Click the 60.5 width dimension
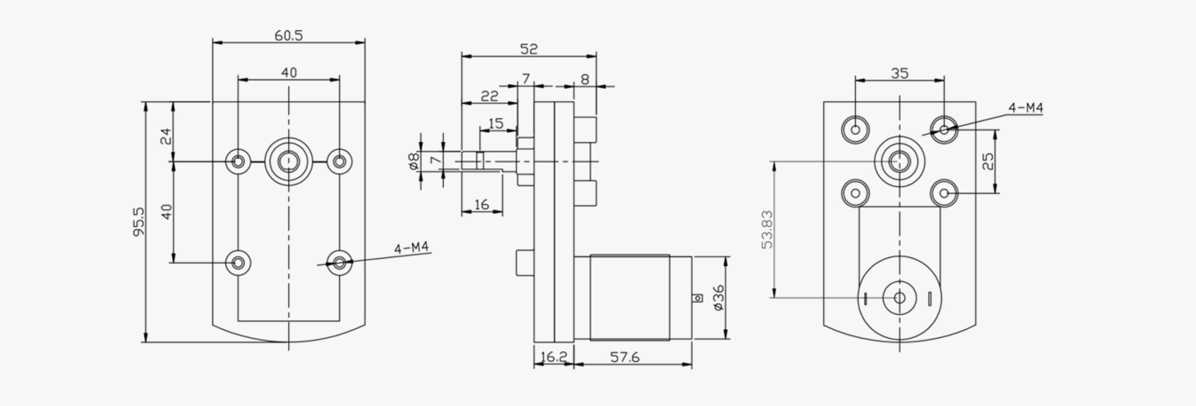tap(289, 35)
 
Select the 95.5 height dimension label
tap(139, 221)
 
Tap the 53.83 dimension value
tap(767, 229)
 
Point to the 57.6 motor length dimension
tap(625, 357)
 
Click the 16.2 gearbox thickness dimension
tap(554, 357)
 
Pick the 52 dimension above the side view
tap(529, 49)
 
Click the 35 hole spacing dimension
tap(899, 73)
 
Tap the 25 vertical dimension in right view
tap(988, 161)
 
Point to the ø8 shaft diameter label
tap(414, 161)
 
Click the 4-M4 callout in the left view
tap(411, 248)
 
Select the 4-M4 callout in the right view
tap(1026, 108)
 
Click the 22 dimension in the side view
tap(489, 96)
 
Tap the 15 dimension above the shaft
tap(496, 123)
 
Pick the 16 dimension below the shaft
tap(481, 204)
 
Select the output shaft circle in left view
tap(289, 161)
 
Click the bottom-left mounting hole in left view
tap(238, 263)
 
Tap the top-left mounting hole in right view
tap(856, 130)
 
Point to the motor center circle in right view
tap(899, 298)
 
